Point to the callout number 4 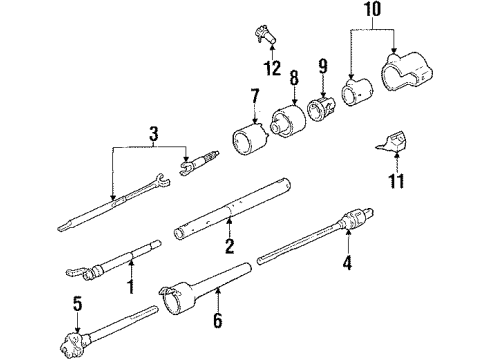click(348, 266)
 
